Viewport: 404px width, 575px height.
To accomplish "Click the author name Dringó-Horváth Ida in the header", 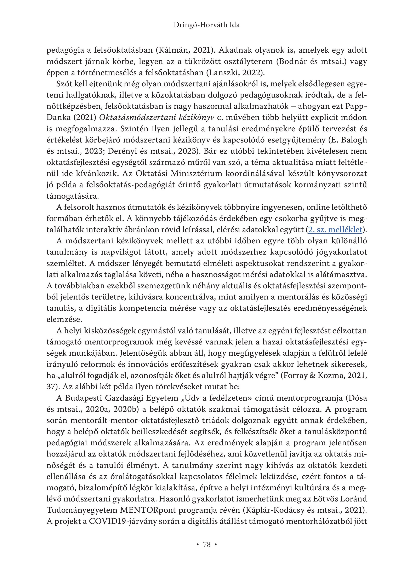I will pos(206,25).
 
